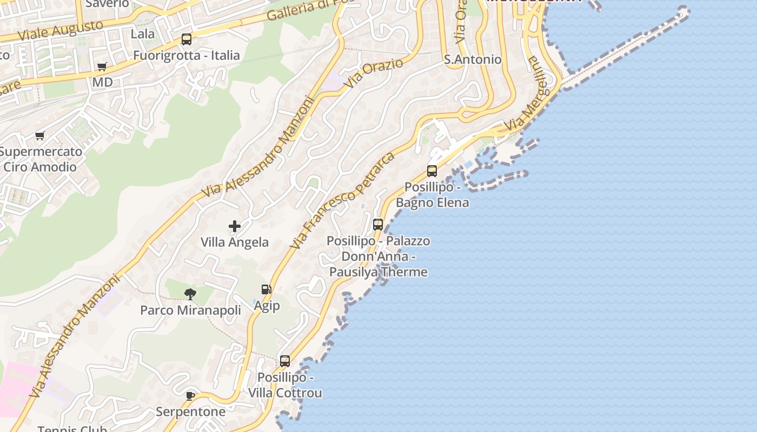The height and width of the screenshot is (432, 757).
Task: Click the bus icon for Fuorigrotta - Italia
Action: click(187, 39)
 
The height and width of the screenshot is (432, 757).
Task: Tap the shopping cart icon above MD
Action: click(102, 67)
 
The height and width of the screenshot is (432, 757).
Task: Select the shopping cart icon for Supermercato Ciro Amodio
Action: click(39, 136)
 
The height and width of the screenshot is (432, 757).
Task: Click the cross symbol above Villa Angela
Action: click(235, 226)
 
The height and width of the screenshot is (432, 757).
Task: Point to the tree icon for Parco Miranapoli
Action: click(190, 294)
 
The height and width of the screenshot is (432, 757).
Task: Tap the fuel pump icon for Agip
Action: click(266, 289)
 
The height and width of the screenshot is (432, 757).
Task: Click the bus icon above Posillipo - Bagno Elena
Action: click(432, 171)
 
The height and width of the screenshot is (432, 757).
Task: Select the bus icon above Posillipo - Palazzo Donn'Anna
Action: click(378, 224)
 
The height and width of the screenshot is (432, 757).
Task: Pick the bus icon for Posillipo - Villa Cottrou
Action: click(285, 361)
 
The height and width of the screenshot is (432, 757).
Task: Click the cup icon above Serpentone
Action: click(190, 396)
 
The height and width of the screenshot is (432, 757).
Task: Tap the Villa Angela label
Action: click(235, 242)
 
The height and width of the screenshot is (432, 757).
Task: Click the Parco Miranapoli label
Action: click(190, 310)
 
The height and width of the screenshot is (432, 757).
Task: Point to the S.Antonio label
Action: click(473, 59)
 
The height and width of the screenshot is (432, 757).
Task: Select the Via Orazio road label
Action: click(374, 73)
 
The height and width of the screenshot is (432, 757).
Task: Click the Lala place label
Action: click(143, 34)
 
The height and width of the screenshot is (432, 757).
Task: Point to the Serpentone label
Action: click(190, 411)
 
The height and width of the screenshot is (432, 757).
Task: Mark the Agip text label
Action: click(267, 306)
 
